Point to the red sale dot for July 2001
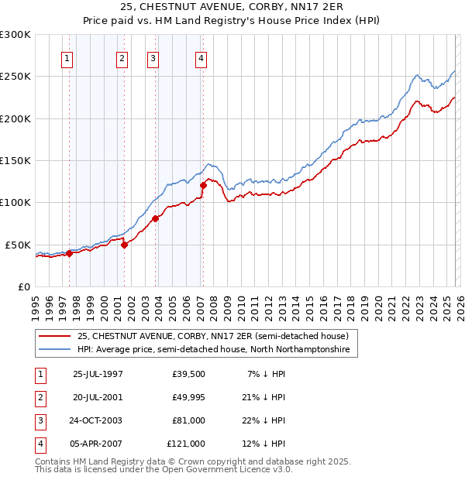click(x=124, y=245)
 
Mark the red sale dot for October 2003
click(x=156, y=218)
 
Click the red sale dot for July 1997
click(x=69, y=253)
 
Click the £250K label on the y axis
click(x=15, y=77)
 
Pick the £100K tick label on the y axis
click(x=15, y=203)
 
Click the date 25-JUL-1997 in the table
click(x=98, y=374)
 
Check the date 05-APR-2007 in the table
click(x=98, y=444)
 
